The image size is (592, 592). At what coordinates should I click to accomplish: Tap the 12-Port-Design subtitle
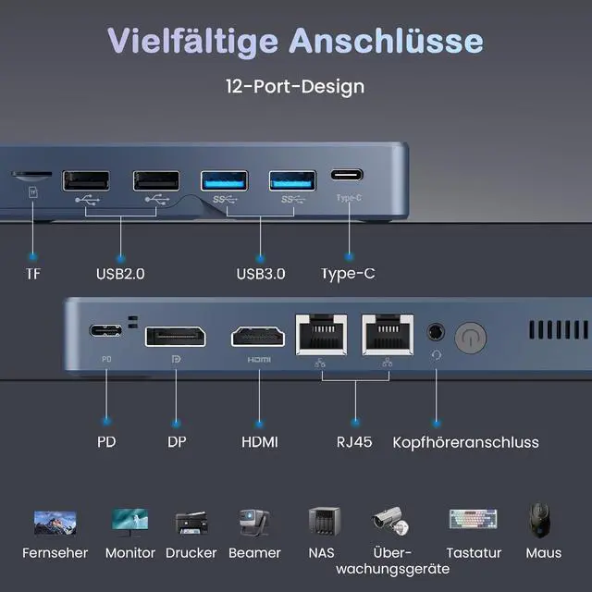[295, 86]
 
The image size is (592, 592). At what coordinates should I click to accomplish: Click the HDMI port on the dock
[259, 335]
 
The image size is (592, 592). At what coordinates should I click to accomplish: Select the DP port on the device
[175, 335]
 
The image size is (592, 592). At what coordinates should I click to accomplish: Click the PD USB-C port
[105, 331]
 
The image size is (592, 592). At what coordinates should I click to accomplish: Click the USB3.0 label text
[260, 274]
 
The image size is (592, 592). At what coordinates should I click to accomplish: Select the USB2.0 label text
[120, 274]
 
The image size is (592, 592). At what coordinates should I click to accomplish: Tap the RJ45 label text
[354, 442]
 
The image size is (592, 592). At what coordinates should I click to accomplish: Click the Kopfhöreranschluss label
[465, 442]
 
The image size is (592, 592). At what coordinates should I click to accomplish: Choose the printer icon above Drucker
[191, 523]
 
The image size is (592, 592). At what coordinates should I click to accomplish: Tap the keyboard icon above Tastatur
[473, 521]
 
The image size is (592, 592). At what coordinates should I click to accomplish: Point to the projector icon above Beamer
[253, 522]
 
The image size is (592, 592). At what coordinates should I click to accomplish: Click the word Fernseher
[55, 553]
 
